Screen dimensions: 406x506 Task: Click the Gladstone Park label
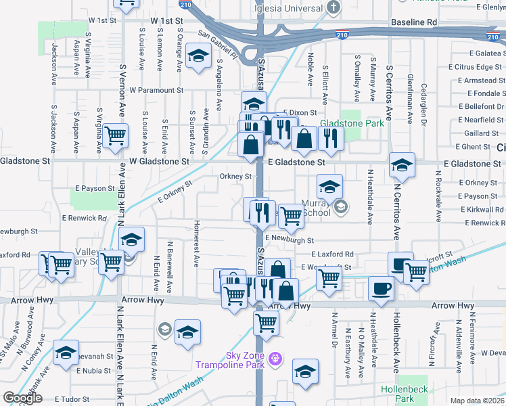352,123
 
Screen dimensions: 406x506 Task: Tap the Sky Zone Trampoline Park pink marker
275,358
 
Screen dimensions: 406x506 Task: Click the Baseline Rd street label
414,22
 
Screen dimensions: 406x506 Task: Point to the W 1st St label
168,21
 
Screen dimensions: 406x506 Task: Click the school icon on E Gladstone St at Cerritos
402,164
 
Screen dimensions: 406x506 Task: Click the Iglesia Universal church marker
333,7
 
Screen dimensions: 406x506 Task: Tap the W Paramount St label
157,90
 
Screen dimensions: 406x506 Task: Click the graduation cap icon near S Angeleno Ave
198,56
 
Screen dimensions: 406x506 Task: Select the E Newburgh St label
290,240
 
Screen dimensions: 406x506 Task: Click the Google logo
22,398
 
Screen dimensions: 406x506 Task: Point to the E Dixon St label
300,112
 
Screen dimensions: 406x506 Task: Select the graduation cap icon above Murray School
329,186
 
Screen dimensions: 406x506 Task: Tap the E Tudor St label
72,399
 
